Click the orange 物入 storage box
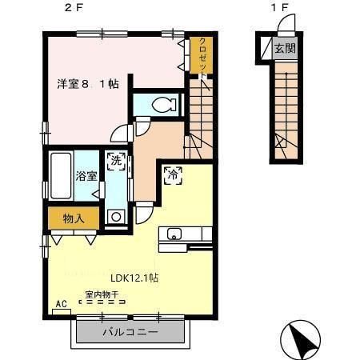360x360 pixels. [x=74, y=218]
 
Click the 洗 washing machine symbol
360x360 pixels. [x=117, y=162]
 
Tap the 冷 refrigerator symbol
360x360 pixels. [x=172, y=174]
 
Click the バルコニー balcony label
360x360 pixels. [x=130, y=332]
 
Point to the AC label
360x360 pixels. [x=60, y=305]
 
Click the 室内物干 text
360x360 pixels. [x=102, y=294]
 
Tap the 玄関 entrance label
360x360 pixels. [x=284, y=49]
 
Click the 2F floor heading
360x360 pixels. [x=73, y=9]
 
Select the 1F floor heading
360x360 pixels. [x=278, y=9]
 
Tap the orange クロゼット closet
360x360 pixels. [x=202, y=58]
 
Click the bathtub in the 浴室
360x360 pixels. [x=62, y=174]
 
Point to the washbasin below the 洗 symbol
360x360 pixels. [x=117, y=214]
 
